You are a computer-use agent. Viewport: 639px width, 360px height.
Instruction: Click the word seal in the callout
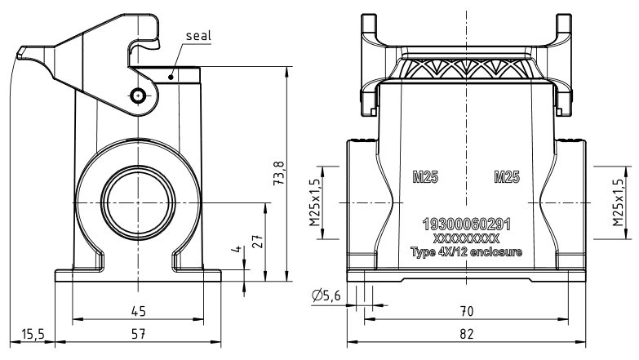tap(199, 37)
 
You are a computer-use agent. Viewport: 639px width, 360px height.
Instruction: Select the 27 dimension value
tap(257, 242)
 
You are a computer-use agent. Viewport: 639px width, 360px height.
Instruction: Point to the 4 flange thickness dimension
tap(236, 250)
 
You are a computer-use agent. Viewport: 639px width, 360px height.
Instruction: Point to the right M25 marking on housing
tap(508, 177)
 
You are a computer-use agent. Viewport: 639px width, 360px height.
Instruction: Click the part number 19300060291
tap(466, 224)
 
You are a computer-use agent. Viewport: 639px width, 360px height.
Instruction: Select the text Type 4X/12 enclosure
tap(466, 251)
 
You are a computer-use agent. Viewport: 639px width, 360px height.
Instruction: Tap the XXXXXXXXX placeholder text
tap(466, 238)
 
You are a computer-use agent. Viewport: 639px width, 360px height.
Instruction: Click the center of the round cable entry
tap(138, 197)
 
